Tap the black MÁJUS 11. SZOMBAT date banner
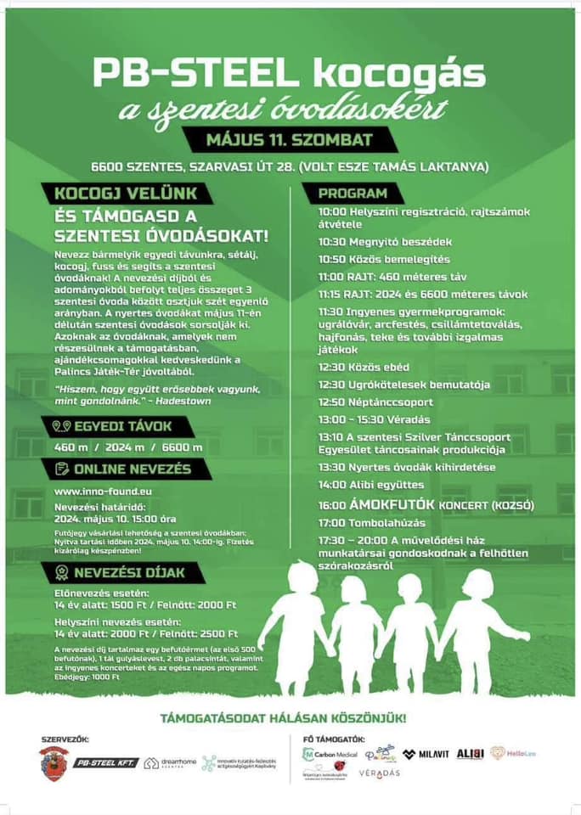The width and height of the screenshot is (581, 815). point(290,138)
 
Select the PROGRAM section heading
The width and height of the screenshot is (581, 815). point(353,194)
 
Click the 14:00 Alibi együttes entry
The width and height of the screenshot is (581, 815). point(371,485)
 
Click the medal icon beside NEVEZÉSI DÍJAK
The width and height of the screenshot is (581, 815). point(61,572)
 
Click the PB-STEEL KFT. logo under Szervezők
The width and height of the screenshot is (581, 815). point(105,762)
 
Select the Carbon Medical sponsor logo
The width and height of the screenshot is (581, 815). point(330,754)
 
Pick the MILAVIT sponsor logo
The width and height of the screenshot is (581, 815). point(425,754)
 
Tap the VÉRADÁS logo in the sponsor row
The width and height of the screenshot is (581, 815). point(378,773)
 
